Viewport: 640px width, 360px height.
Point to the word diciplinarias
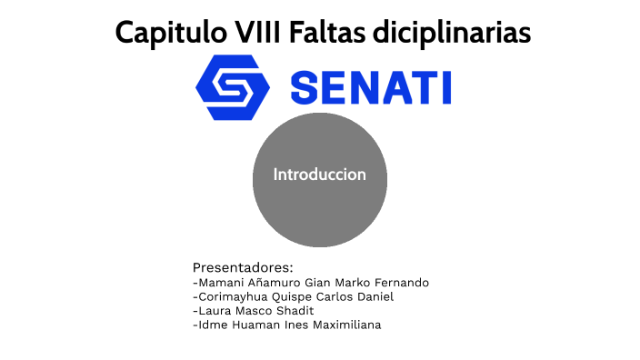452,34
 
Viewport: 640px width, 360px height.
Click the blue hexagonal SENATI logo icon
233,87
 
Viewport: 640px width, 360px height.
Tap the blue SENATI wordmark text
370,88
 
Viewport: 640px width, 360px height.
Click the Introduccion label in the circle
320,175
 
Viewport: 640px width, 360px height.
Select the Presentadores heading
243,267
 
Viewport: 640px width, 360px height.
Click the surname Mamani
221,283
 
